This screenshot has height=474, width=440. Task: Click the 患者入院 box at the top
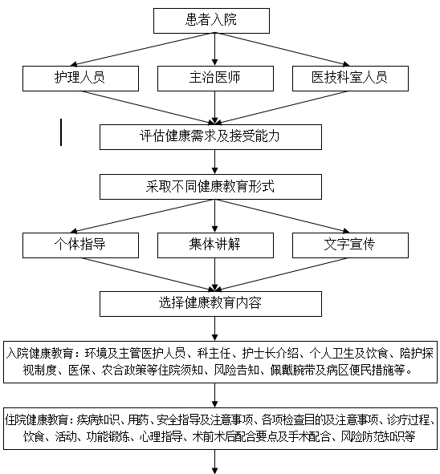pos(211,21)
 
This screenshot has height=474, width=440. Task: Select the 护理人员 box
pos(80,79)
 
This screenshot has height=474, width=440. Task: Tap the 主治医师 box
pos(215,79)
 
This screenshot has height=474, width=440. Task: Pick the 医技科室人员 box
pos(350,79)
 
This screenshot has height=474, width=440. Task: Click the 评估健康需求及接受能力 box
pos(210,137)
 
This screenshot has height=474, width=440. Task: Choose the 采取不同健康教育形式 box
pos(210,187)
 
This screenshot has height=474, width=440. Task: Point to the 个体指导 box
pos(80,245)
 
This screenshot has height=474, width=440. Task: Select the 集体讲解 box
pos(215,245)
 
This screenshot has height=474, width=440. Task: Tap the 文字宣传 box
pos(350,245)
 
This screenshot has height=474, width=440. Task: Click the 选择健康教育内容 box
pos(210,304)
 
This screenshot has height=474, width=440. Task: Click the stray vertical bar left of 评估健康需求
pos(61,132)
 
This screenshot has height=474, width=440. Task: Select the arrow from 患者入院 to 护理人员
pos(142,49)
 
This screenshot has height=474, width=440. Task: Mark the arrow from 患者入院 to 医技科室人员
pos(283,49)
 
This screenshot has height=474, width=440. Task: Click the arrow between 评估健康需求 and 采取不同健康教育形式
pos(215,162)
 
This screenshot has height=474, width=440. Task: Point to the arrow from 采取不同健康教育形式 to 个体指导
pos(142,216)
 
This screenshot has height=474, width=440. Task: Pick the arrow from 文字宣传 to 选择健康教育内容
pos(283,274)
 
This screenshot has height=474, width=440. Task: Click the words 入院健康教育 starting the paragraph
pos(39,353)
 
